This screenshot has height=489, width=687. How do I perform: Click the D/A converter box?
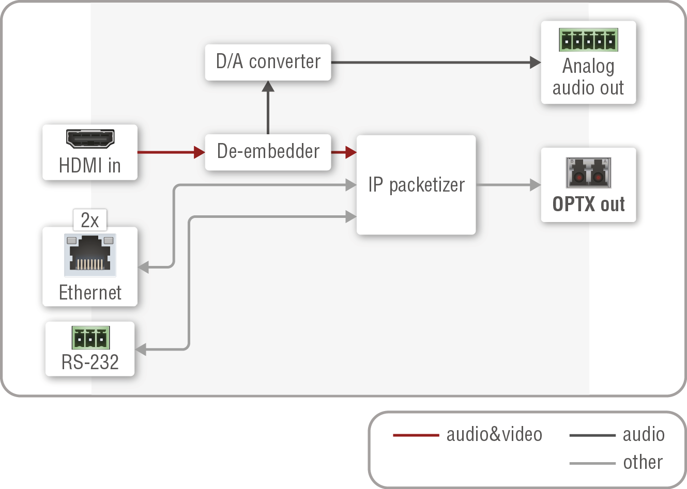coord(268,62)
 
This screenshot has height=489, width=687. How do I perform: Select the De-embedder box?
coord(268,152)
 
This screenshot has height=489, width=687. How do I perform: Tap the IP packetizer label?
coord(416,185)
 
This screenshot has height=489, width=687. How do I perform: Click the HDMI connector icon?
coord(90,138)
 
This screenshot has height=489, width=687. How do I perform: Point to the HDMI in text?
coord(90,166)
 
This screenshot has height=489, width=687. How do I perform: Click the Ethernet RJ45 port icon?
coord(90,255)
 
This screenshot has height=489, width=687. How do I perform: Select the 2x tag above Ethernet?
coord(90,220)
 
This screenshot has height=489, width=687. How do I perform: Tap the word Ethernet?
coord(90,292)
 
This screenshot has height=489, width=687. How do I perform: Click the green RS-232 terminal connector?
coord(90,338)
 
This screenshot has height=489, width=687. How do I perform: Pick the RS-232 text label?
coord(90,362)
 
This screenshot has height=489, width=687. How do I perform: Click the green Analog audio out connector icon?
coord(588,40)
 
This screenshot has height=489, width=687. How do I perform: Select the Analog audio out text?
coord(588,77)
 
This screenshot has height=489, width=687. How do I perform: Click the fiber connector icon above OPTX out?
coord(588,173)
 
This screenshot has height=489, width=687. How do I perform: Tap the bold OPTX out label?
coord(588,204)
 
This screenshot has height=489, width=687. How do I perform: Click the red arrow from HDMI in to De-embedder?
coord(171,152)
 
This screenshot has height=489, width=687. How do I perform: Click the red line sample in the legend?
coord(416,435)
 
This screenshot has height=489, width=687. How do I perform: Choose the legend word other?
coord(643,462)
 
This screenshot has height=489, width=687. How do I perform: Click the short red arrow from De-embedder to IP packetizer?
coord(343,152)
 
